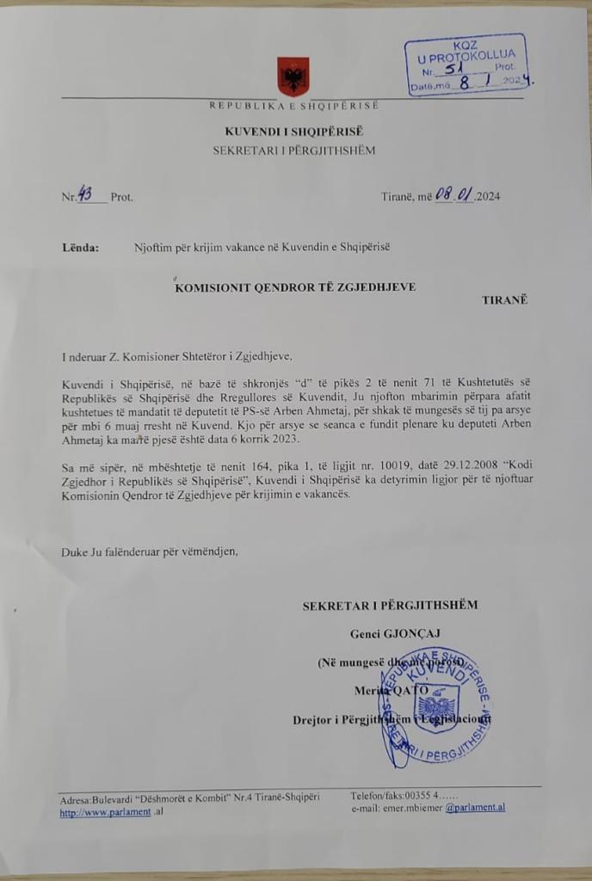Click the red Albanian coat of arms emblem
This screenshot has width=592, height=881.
coord(293,76)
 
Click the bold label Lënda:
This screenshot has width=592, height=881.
coord(80,248)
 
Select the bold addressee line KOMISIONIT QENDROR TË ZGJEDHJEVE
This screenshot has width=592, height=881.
coord(295,287)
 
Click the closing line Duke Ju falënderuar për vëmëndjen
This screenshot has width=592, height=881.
coord(149,551)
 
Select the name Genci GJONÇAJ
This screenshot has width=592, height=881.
coord(389,634)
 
